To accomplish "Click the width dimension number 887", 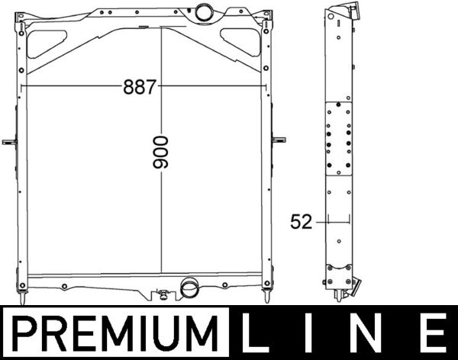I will pyautogui.click(x=139, y=87).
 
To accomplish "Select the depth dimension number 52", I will pyautogui.click(x=302, y=222).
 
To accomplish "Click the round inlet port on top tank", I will pyautogui.click(x=205, y=12).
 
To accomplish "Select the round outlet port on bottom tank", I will pyautogui.click(x=188, y=289).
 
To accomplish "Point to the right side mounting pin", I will pyautogui.click(x=279, y=140).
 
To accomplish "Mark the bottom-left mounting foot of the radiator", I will pyautogui.click(x=23, y=293).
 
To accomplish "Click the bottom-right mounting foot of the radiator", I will pyautogui.click(x=266, y=293).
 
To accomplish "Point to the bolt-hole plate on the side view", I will pyautogui.click(x=337, y=137).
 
